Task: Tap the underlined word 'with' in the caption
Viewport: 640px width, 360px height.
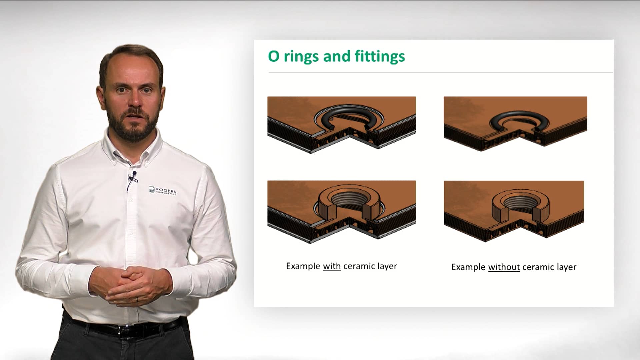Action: [x=332, y=266]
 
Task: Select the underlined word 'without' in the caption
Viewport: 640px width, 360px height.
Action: [x=504, y=267]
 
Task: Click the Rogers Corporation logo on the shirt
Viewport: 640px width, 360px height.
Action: [x=162, y=190]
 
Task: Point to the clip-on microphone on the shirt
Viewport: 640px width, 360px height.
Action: [x=134, y=174]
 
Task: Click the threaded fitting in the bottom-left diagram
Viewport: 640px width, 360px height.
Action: [x=348, y=201]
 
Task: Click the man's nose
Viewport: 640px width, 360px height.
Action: [x=134, y=100]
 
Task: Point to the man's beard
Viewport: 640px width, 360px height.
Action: [x=133, y=127]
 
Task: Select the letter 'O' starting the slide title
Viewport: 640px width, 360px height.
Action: [x=274, y=56]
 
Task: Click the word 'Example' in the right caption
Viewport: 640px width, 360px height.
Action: [x=468, y=267]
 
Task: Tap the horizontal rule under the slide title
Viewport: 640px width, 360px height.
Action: [x=440, y=72]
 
